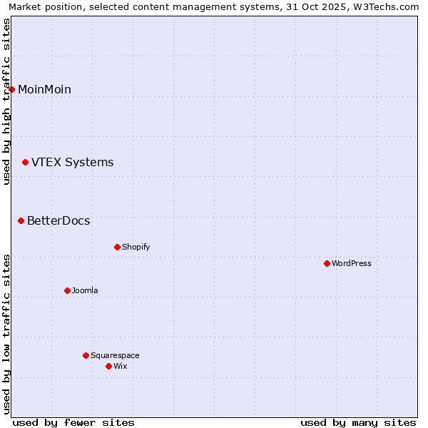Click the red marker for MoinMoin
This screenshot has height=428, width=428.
(x=12, y=89)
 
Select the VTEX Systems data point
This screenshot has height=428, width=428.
(x=26, y=163)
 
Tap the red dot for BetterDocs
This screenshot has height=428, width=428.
(x=21, y=221)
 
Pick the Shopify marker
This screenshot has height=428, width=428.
(x=117, y=247)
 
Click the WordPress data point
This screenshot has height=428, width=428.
(x=327, y=263)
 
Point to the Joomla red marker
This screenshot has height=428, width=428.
(x=67, y=290)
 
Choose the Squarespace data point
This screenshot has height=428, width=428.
(x=86, y=355)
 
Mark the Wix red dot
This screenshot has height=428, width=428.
(x=108, y=366)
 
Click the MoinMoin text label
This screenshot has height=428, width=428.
(x=44, y=89)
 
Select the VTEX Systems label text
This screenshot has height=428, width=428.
(x=72, y=163)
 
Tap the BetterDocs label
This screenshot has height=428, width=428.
(x=58, y=221)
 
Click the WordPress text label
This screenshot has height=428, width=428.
(x=352, y=263)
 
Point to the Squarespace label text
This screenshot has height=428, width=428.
(x=115, y=355)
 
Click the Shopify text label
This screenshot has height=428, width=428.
(x=136, y=247)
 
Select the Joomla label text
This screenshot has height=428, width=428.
(x=85, y=290)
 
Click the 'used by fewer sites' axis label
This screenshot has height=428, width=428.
(x=73, y=422)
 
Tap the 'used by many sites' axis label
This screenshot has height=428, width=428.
(x=358, y=422)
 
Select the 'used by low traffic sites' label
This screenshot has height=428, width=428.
(x=6, y=334)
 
